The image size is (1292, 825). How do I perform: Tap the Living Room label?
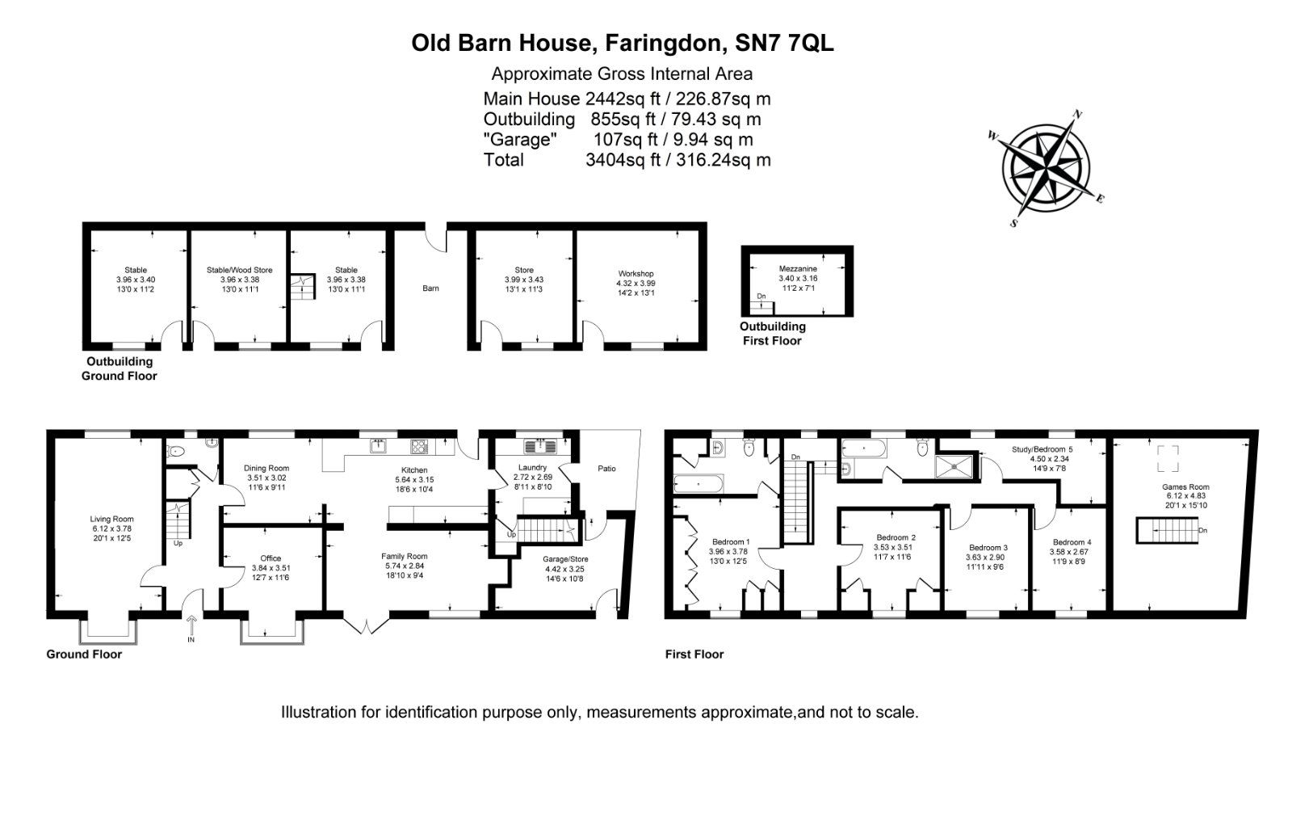coord(111,520)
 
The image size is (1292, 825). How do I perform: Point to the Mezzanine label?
coord(798,268)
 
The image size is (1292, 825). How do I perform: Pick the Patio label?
coord(606,469)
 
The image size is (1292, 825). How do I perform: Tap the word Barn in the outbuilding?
coord(430,288)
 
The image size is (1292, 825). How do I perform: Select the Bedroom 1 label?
coord(731,542)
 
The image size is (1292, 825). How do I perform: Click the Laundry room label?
coord(533,467)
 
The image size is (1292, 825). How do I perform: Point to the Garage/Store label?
coord(566,558)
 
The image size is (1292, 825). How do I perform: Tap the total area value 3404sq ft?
coord(623,160)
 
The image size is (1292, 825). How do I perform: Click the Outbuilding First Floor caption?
coord(773,334)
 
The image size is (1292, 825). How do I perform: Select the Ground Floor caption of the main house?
coord(84,654)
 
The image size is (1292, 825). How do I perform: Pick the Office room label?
coord(271,558)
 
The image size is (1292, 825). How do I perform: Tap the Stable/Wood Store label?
coord(239,270)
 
